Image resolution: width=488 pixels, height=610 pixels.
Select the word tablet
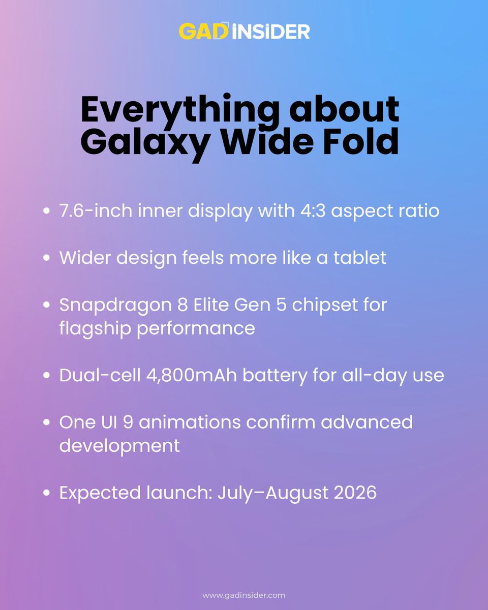(361, 258)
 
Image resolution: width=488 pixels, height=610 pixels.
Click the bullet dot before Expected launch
(47, 493)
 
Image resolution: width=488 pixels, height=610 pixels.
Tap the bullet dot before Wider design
(47, 258)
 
